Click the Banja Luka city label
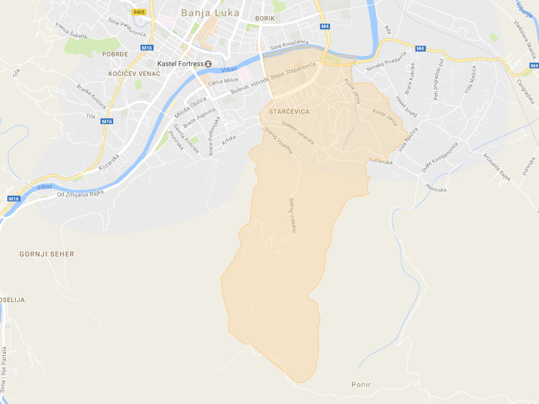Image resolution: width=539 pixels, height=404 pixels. click(210, 13)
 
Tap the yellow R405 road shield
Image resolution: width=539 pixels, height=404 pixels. click(139, 12)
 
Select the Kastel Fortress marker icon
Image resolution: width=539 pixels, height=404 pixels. click(208, 64)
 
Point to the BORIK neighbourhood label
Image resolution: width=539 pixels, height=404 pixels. click(265, 18)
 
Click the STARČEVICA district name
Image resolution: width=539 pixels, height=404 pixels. click(289, 112)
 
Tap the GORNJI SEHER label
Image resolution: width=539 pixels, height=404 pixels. click(47, 254)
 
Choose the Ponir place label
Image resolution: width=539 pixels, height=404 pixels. click(361, 385)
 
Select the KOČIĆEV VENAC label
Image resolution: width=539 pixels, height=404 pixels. click(134, 74)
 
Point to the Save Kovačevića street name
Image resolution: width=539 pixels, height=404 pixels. click(290, 46)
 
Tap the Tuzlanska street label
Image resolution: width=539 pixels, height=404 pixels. click(381, 161)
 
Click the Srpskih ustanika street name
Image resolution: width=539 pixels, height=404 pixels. click(297, 133)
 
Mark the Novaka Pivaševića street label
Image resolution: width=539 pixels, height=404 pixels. click(387, 62)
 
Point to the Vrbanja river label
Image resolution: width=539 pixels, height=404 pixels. click(525, 11)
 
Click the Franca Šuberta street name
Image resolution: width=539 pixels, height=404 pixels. click(70, 31)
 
